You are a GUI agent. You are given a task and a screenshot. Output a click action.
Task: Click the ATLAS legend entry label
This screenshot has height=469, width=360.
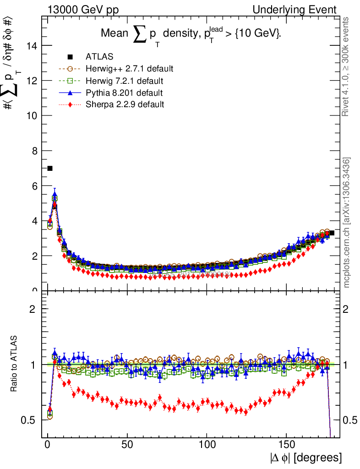(99, 57)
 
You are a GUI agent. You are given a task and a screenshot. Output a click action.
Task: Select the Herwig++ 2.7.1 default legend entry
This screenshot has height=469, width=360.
(129, 69)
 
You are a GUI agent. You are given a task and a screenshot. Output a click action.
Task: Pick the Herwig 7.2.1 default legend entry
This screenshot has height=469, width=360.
(125, 81)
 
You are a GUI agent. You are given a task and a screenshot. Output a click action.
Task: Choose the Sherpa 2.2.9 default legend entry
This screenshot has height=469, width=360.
(125, 104)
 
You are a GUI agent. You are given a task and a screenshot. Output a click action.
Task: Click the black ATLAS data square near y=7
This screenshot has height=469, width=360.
(50, 168)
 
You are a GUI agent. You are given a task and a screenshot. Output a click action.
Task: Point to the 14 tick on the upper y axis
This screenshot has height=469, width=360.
(33, 45)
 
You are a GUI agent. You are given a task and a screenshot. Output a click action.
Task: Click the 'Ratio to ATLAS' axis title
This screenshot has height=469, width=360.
(14, 365)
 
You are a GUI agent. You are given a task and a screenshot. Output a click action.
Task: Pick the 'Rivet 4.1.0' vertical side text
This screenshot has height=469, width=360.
(347, 66)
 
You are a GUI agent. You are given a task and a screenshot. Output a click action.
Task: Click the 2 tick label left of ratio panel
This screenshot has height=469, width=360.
(33, 309)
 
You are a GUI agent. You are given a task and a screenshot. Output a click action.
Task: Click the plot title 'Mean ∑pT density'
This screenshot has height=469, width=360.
(191, 35)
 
